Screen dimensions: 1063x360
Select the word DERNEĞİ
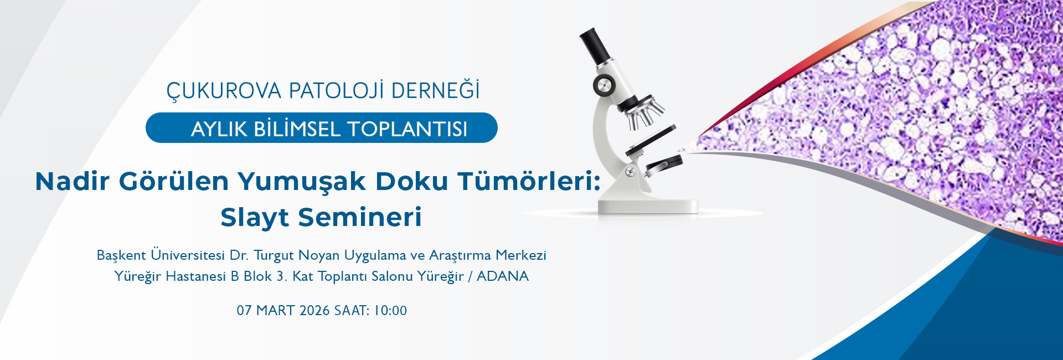(x=436, y=90)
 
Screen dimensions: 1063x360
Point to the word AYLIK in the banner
(x=219, y=129)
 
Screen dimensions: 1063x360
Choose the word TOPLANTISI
(x=407, y=129)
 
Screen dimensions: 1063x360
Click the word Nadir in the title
(x=72, y=181)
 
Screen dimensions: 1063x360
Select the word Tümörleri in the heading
(x=527, y=181)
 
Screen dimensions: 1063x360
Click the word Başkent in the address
(x=121, y=255)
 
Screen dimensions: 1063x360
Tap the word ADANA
(x=503, y=276)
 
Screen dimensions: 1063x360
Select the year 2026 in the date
(x=314, y=310)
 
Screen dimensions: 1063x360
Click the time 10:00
(x=391, y=310)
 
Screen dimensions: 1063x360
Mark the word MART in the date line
(x=275, y=310)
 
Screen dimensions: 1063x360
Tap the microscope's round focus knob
(x=603, y=85)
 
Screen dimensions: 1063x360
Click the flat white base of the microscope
(x=648, y=205)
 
